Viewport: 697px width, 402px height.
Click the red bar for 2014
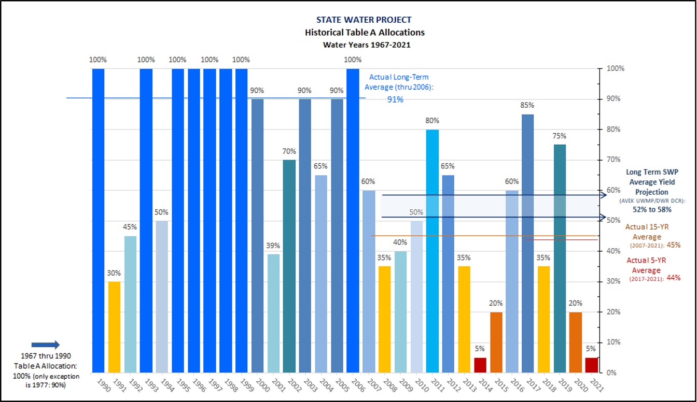pyautogui.click(x=480, y=365)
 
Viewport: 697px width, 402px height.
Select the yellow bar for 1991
pyautogui.click(x=114, y=327)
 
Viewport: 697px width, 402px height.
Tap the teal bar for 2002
pyautogui.click(x=289, y=266)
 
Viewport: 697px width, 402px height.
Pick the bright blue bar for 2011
pyautogui.click(x=433, y=251)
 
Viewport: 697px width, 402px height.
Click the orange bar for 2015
pyautogui.click(x=496, y=342)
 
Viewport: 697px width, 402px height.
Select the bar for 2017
pyautogui.click(x=528, y=243)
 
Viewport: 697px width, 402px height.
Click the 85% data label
pyautogui.click(x=528, y=106)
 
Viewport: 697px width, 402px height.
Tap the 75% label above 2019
pyautogui.click(x=560, y=136)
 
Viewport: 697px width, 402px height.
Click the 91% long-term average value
pyautogui.click(x=395, y=99)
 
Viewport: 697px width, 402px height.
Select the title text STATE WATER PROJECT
pyautogui.click(x=364, y=20)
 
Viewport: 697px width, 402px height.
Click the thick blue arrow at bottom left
pyautogui.click(x=46, y=345)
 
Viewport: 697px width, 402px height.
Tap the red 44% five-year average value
pyautogui.click(x=673, y=279)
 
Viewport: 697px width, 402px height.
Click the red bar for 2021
pyautogui.click(x=592, y=365)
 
